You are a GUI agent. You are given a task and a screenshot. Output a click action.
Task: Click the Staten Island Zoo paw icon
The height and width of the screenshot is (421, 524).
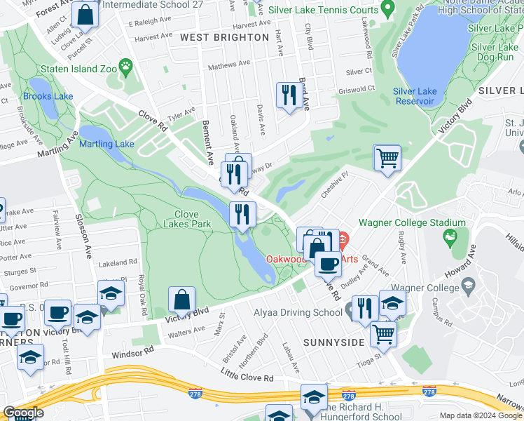126,68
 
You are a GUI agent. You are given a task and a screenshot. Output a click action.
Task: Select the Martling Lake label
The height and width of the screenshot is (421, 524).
106,144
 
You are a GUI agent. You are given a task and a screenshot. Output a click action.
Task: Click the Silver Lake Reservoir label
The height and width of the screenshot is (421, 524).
415,96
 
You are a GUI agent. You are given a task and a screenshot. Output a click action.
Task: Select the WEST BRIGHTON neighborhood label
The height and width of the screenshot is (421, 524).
224,36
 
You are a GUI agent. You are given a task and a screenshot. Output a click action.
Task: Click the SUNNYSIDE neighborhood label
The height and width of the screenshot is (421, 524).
334,342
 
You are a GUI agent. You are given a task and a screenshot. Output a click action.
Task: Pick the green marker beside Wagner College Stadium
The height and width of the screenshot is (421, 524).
450,239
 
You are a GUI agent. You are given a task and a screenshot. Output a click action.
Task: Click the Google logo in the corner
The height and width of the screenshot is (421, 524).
23,413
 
